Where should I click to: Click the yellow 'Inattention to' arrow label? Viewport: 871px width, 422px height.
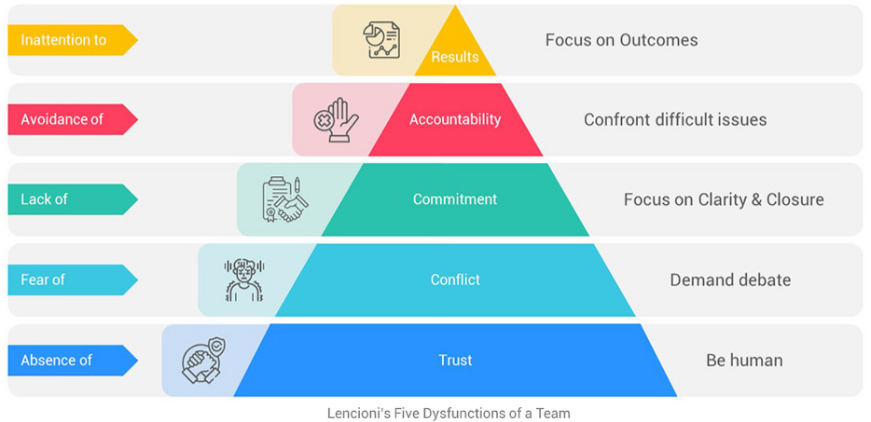pos(72,40)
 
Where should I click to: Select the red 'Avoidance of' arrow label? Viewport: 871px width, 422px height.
pos(72,119)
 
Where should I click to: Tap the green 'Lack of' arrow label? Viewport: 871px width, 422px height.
pos(72,199)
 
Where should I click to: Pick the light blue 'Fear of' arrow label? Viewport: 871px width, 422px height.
pos(72,279)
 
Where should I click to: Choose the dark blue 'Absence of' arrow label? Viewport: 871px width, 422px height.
pos(72,361)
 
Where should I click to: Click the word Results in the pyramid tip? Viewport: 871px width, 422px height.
pos(455,57)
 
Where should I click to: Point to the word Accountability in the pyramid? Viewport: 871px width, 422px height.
pos(455,119)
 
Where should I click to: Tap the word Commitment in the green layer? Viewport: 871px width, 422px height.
pos(455,199)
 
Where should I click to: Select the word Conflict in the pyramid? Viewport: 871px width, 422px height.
pos(455,279)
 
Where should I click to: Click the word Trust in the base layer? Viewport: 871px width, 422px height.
pos(455,361)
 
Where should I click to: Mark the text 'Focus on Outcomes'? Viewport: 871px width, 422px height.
pos(621,40)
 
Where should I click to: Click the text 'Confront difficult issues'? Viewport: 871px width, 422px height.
pos(675,119)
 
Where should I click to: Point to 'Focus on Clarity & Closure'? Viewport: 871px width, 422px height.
pos(724,200)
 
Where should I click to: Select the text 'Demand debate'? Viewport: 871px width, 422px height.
pos(730,279)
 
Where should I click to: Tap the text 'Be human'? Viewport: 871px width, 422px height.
pos(744,361)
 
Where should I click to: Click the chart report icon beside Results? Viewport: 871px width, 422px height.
pos(381,41)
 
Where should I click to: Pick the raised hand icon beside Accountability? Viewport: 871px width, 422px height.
pos(336,120)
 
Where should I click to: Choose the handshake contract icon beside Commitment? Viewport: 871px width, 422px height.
pos(285,199)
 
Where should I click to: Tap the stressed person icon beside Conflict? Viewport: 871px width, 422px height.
pos(244,279)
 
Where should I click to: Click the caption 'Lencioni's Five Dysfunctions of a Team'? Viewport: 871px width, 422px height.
pos(449,414)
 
